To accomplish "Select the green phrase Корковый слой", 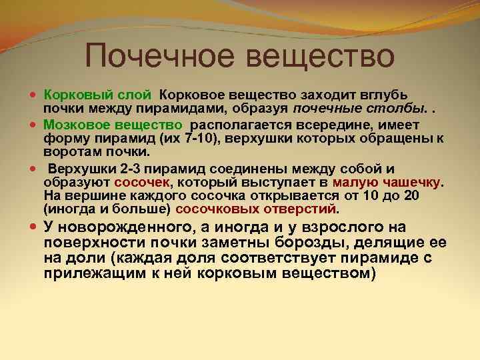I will pos(99,95).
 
